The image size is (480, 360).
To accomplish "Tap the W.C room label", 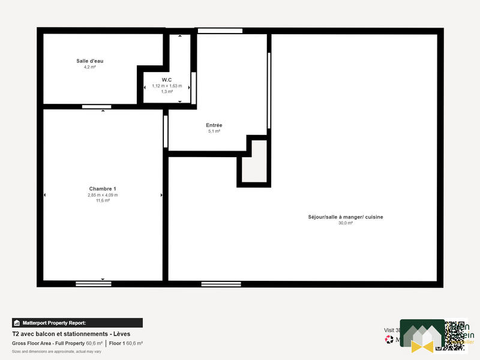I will pyautogui.click(x=167, y=80).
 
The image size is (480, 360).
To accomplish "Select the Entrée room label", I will pyautogui.click(x=214, y=125).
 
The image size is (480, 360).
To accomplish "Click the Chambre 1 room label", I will pyautogui.click(x=103, y=188).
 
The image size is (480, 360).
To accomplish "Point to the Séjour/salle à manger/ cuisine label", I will pyautogui.click(x=345, y=217).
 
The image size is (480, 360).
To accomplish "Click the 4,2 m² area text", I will pyautogui.click(x=90, y=67).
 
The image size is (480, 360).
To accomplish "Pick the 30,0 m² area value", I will pyautogui.click(x=346, y=223).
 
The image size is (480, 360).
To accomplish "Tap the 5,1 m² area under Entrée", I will pyautogui.click(x=214, y=131).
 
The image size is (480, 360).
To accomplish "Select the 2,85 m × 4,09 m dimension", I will pyautogui.click(x=103, y=195).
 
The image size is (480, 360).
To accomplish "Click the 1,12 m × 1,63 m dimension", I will pyautogui.click(x=167, y=86).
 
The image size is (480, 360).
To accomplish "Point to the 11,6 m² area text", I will pyautogui.click(x=103, y=201).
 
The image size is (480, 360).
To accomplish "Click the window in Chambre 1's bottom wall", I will pyautogui.click(x=94, y=283).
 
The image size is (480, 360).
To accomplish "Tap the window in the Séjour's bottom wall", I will pyautogui.click(x=221, y=283).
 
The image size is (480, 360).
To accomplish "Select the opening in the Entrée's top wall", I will pyautogui.click(x=220, y=31).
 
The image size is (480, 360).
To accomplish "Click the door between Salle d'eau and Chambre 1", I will pyautogui.click(x=96, y=107).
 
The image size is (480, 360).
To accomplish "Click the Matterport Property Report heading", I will pyautogui.click(x=55, y=322).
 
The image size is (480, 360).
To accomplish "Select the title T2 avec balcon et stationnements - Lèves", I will pyautogui.click(x=71, y=334).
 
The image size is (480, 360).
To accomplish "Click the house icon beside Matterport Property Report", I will pyautogui.click(x=17, y=322).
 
